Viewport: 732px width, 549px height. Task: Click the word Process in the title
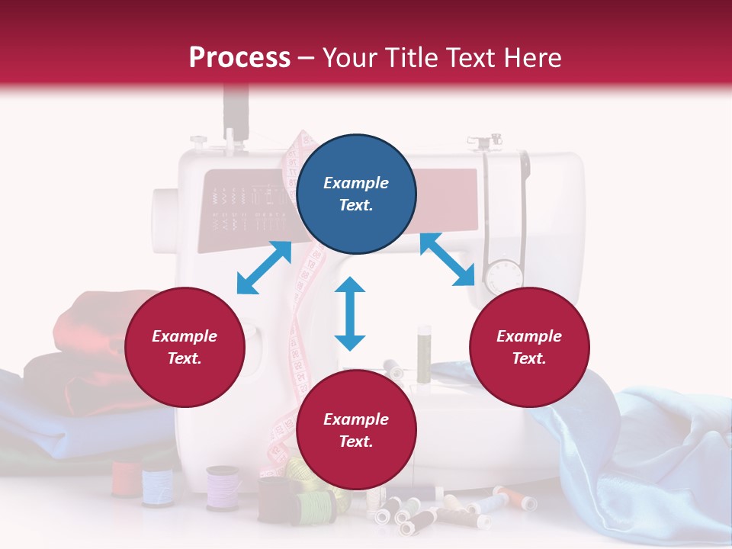coord(239,58)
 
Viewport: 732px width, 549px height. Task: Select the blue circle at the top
coord(356,194)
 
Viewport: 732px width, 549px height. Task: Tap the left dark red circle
coord(185,347)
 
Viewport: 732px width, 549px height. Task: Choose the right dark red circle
coord(529,347)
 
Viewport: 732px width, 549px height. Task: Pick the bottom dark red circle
coord(356,430)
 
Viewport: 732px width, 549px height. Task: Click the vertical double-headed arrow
coord(350,313)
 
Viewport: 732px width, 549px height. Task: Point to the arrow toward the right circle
coord(447,259)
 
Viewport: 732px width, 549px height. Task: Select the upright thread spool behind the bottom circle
coord(424,347)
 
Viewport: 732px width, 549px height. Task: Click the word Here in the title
coord(533,58)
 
